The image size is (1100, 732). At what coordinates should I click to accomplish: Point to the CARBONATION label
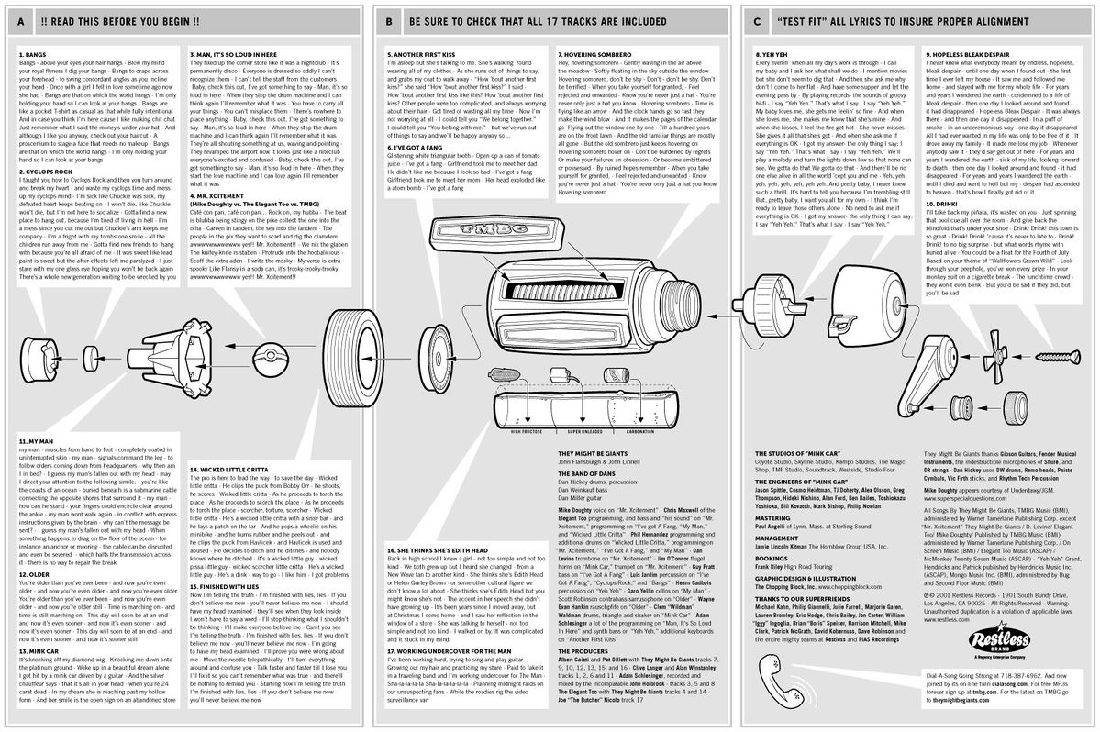[646, 430]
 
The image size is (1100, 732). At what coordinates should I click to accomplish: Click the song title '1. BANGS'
[29, 54]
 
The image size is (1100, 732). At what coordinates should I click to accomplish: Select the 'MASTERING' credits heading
[768, 516]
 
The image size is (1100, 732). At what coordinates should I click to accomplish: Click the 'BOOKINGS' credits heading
[768, 557]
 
